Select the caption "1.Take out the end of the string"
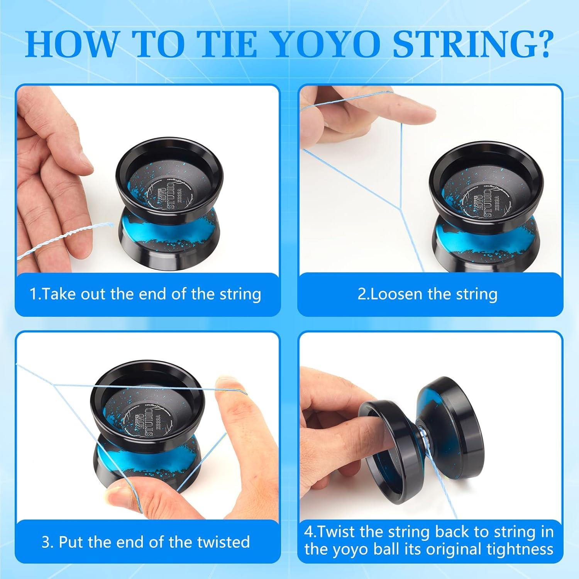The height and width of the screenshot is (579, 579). click(146, 294)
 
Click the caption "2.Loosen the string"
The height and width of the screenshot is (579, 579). click(427, 294)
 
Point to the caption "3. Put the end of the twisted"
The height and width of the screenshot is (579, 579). click(146, 542)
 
